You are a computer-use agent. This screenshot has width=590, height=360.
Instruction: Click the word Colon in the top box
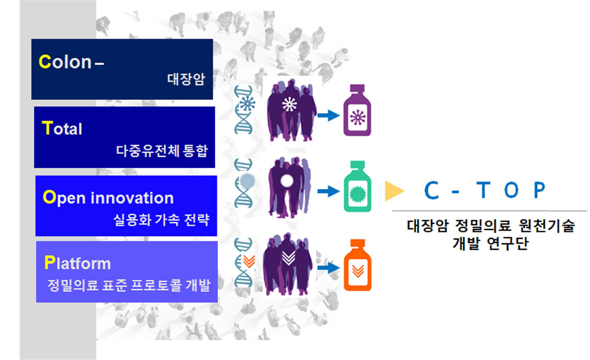[65, 61]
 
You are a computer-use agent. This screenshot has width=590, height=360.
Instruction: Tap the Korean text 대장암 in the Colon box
[186, 78]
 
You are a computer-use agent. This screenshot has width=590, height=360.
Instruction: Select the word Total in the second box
[63, 128]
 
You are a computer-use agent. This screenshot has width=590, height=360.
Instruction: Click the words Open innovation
[108, 197]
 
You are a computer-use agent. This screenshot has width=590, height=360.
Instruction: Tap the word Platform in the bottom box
[78, 263]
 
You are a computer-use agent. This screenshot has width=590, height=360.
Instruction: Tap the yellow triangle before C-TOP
[394, 191]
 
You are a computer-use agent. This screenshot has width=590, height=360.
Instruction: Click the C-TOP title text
[485, 191]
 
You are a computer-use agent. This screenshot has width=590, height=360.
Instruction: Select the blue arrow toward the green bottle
[328, 191]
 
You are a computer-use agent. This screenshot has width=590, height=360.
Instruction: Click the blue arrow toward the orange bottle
[328, 268]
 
